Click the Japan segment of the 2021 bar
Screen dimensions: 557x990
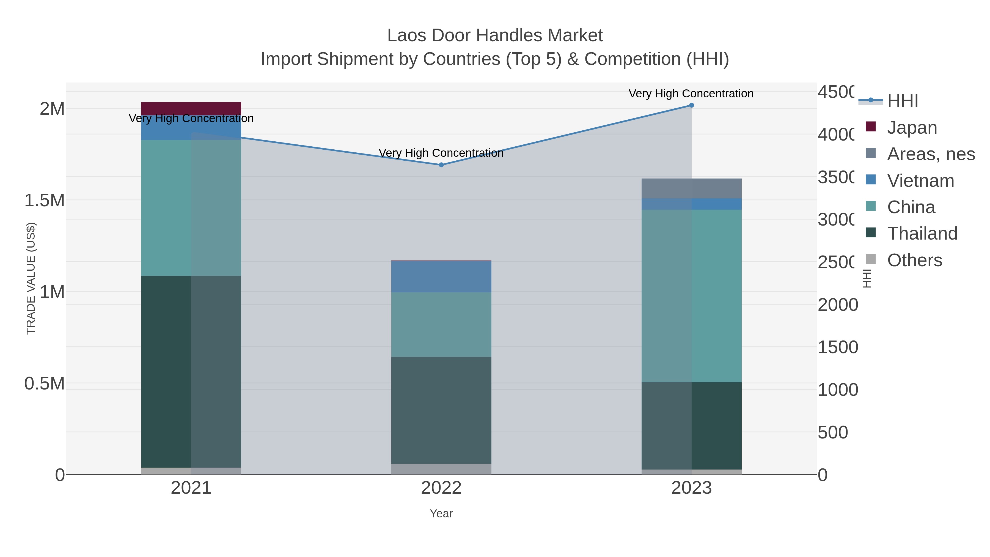pyautogui.click(x=191, y=108)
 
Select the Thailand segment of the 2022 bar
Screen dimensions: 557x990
pyautogui.click(x=441, y=410)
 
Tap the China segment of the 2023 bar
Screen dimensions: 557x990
pyautogui.click(x=691, y=296)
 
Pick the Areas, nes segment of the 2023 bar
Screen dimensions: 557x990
pyautogui.click(x=691, y=188)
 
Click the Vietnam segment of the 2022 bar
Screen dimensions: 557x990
pyautogui.click(x=441, y=276)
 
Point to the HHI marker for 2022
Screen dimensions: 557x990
pyautogui.click(x=441, y=165)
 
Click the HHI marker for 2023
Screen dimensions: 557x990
pyautogui.click(x=691, y=105)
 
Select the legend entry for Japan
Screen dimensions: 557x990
pyautogui.click(x=912, y=128)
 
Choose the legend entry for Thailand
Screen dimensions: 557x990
pyautogui.click(x=922, y=233)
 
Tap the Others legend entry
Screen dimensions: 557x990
pyautogui.click(x=914, y=260)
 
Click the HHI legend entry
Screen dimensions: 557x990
pyautogui.click(x=902, y=101)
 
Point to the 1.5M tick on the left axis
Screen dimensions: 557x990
pyautogui.click(x=45, y=200)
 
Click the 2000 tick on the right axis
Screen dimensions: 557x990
pyautogui.click(x=837, y=305)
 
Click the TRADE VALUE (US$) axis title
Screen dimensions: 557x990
pyautogui.click(x=31, y=278)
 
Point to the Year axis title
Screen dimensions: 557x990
pyautogui.click(x=441, y=514)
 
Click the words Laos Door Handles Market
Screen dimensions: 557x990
pyautogui.click(x=495, y=35)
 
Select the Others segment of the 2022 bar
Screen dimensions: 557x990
pyautogui.click(x=441, y=469)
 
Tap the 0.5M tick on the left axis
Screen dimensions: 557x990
pyautogui.click(x=45, y=384)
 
